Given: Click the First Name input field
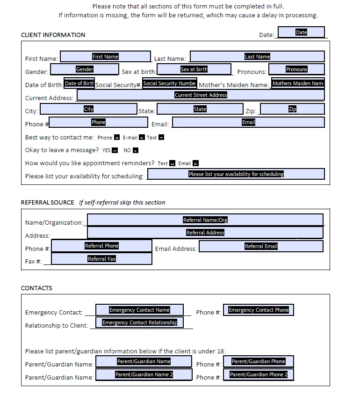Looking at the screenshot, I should (x=106, y=57).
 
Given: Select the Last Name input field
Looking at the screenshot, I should (x=257, y=57).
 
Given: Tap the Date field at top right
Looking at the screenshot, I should (x=301, y=32).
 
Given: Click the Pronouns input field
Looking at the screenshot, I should (x=296, y=69).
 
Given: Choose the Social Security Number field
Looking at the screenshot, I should (x=169, y=84).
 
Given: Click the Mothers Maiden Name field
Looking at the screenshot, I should (x=298, y=84).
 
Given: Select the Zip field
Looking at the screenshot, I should (x=292, y=109).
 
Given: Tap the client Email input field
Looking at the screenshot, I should (x=248, y=122).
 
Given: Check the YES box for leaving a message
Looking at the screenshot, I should (x=115, y=151).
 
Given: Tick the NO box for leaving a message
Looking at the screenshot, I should (x=136, y=151).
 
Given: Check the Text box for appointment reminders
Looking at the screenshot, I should (x=172, y=163).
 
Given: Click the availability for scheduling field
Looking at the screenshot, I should (x=236, y=174).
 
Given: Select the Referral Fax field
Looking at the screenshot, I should (x=101, y=259).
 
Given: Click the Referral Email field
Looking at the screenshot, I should (x=261, y=246).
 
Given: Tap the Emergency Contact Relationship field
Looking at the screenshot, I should (x=139, y=322).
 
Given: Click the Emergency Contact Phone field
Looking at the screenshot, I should (x=259, y=310).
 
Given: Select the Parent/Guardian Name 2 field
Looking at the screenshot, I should (x=144, y=374).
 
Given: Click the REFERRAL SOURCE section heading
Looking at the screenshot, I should (x=47, y=203).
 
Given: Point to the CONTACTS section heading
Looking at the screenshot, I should (x=36, y=288).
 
